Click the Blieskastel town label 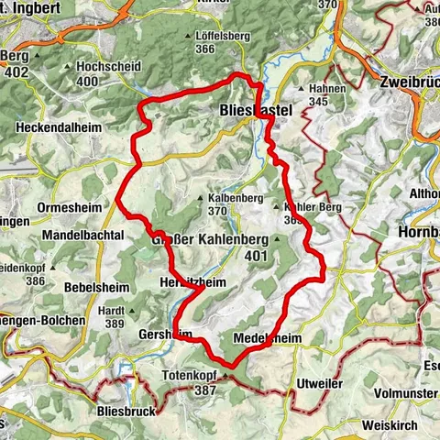coord(257,109)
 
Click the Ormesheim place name coord(62,207)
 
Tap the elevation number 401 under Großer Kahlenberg coord(257,257)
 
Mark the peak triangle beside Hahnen coord(303,88)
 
